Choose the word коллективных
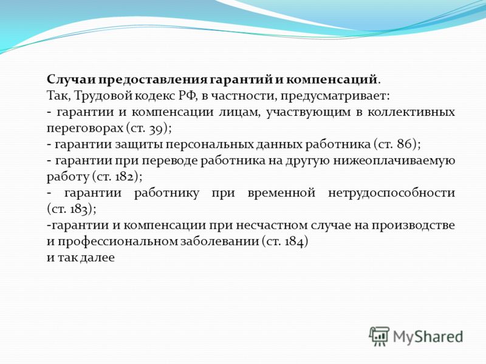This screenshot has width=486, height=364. coord(411,112)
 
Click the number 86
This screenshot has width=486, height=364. coord(405,144)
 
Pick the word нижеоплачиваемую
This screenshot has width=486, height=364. coord(394,161)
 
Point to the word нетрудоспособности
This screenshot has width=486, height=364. coord(391,193)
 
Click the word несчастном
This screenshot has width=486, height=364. coord(272,225)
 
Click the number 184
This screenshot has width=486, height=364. coord(294,241)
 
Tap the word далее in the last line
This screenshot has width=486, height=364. coord(97,257)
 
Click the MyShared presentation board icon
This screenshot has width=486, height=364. coord(378,336)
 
